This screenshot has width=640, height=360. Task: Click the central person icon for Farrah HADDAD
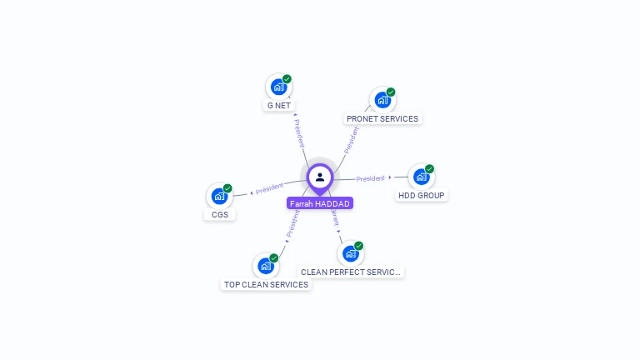click(320, 177)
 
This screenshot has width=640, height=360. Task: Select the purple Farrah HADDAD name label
click(320, 203)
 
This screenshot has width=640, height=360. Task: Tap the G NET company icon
click(278, 87)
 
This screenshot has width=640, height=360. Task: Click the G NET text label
click(279, 106)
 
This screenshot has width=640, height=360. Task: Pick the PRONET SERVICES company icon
click(382, 100)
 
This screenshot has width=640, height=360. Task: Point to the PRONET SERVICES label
click(382, 119)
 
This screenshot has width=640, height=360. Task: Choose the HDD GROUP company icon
click(421, 177)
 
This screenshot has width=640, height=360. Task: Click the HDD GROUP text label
click(422, 196)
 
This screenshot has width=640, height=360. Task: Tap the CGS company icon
click(219, 196)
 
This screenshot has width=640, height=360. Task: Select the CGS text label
click(220, 215)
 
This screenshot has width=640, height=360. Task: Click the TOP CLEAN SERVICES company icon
click(266, 266)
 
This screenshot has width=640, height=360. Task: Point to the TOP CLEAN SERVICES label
click(266, 285)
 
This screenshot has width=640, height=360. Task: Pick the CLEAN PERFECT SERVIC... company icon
click(351, 253)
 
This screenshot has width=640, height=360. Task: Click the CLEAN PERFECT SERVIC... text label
click(351, 272)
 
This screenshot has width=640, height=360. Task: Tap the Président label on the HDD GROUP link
click(371, 178)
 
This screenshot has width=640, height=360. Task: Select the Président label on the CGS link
click(270, 189)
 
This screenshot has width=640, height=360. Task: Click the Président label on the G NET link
click(299, 133)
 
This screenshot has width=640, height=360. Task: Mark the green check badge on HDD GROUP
click(429, 169)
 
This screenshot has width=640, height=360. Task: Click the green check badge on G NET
click(287, 79)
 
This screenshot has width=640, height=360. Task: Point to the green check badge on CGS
click(227, 188)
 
